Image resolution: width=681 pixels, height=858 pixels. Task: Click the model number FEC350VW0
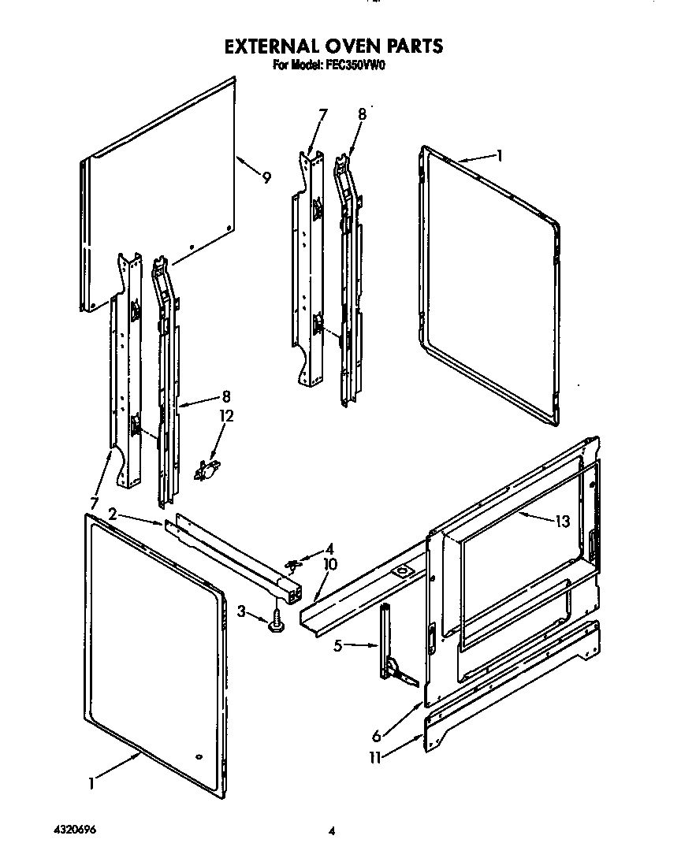[354, 67]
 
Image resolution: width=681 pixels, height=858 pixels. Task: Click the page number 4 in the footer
[333, 831]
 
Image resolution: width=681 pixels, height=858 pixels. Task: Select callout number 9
[266, 178]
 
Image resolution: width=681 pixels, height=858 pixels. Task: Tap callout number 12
[227, 417]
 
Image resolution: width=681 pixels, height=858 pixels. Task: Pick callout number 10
[329, 564]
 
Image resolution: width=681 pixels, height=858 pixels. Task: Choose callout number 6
[376, 736]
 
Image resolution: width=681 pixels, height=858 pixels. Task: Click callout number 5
[338, 646]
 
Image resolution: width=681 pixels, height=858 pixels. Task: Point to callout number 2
[113, 514]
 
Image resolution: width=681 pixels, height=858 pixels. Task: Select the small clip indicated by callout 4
[294, 564]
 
